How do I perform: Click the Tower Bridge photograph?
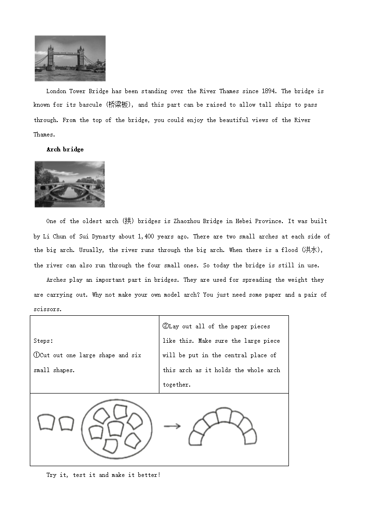click(70, 58)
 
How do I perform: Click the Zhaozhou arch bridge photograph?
click(70, 184)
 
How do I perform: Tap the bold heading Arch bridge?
click(65, 149)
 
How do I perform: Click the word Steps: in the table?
click(43, 341)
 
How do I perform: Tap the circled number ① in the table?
click(36, 355)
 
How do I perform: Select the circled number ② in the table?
click(165, 326)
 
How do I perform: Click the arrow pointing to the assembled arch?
click(172, 426)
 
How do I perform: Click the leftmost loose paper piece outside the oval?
click(46, 422)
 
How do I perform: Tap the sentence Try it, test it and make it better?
click(103, 475)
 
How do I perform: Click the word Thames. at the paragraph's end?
click(44, 135)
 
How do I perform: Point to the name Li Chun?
click(55, 237)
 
